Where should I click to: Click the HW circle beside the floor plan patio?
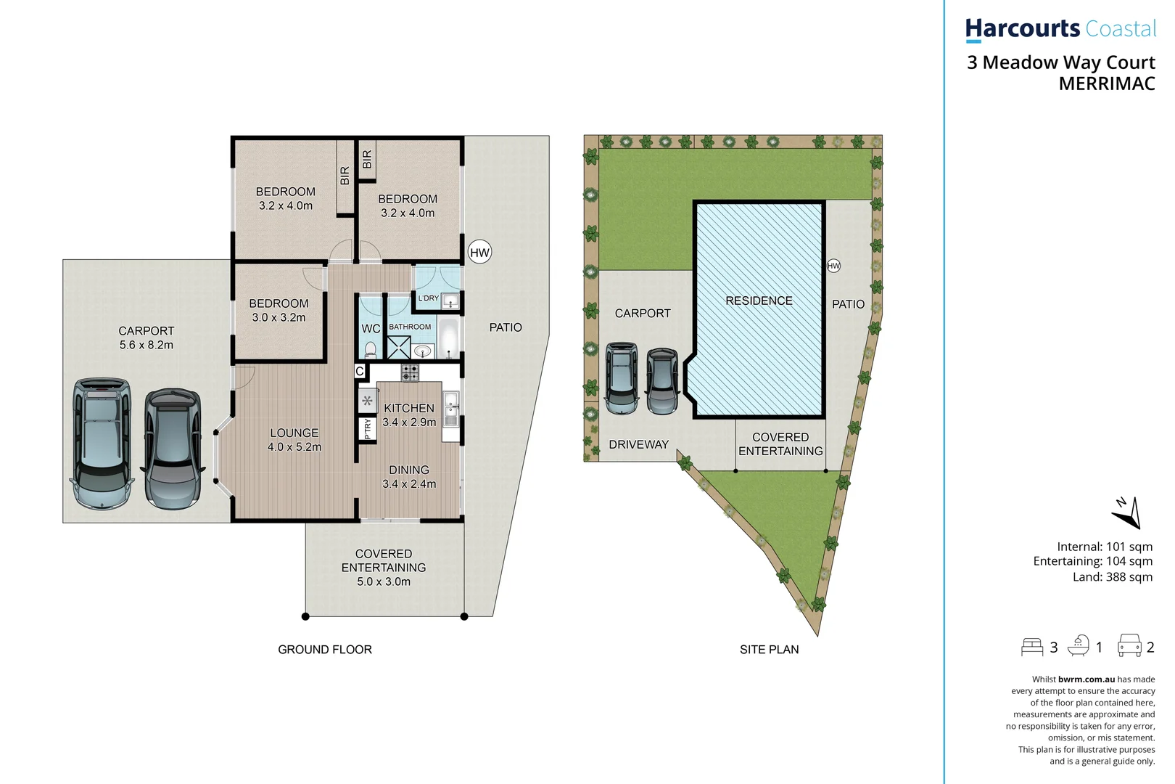click(x=479, y=252)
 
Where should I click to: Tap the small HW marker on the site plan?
click(x=833, y=266)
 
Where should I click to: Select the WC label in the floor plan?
click(x=371, y=329)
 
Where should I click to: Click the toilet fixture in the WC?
click(x=371, y=349)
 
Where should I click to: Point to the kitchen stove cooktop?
click(x=410, y=373)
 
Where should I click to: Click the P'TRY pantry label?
click(x=368, y=429)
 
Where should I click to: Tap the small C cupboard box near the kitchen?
click(x=360, y=372)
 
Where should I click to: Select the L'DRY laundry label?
click(x=428, y=298)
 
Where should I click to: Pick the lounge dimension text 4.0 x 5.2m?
click(x=294, y=447)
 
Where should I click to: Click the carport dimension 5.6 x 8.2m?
click(x=146, y=345)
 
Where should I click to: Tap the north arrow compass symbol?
click(x=1127, y=513)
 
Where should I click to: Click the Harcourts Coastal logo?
click(x=1060, y=29)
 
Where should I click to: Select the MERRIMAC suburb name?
click(x=1106, y=84)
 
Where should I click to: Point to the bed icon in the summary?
click(x=1031, y=647)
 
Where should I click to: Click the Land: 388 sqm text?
click(x=1112, y=577)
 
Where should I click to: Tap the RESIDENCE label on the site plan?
click(x=759, y=301)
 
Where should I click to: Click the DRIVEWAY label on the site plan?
click(x=638, y=444)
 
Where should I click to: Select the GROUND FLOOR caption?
click(x=324, y=650)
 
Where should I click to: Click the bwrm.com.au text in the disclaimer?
click(x=1086, y=679)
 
